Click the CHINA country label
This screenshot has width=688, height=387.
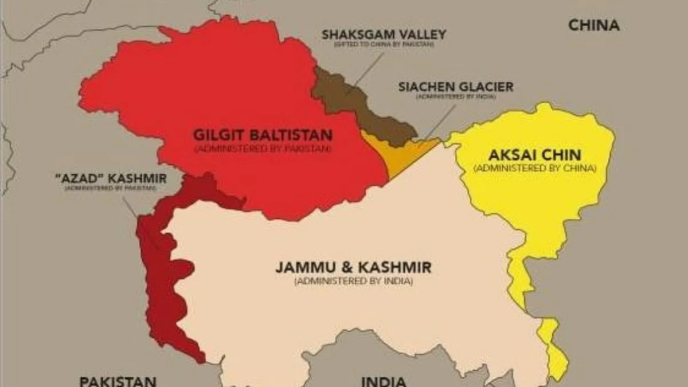point(593,25)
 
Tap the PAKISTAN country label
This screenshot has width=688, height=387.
point(118,381)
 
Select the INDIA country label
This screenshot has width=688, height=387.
point(384,381)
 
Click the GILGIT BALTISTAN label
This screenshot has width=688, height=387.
point(263,136)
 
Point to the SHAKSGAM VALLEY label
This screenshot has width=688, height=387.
point(384,34)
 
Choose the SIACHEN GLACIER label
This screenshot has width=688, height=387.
point(456,87)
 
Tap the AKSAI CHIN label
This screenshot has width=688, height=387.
point(535,155)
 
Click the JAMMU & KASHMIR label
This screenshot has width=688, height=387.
point(353,268)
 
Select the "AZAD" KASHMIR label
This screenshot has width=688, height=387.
point(110,179)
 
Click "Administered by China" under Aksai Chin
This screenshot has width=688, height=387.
point(535,169)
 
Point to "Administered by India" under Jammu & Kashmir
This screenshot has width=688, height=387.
point(353,282)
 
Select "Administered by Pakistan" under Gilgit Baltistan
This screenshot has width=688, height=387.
point(263,149)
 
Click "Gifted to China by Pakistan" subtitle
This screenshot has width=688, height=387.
point(384,45)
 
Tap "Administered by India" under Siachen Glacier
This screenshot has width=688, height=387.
point(456,97)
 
